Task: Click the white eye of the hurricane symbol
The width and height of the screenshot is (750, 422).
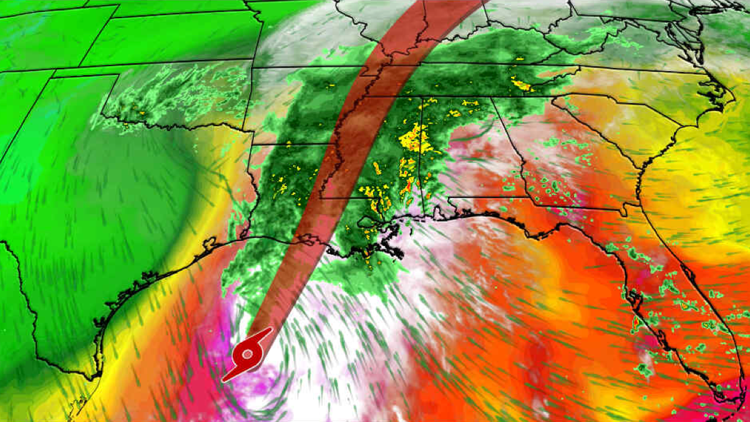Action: click(248, 355)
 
